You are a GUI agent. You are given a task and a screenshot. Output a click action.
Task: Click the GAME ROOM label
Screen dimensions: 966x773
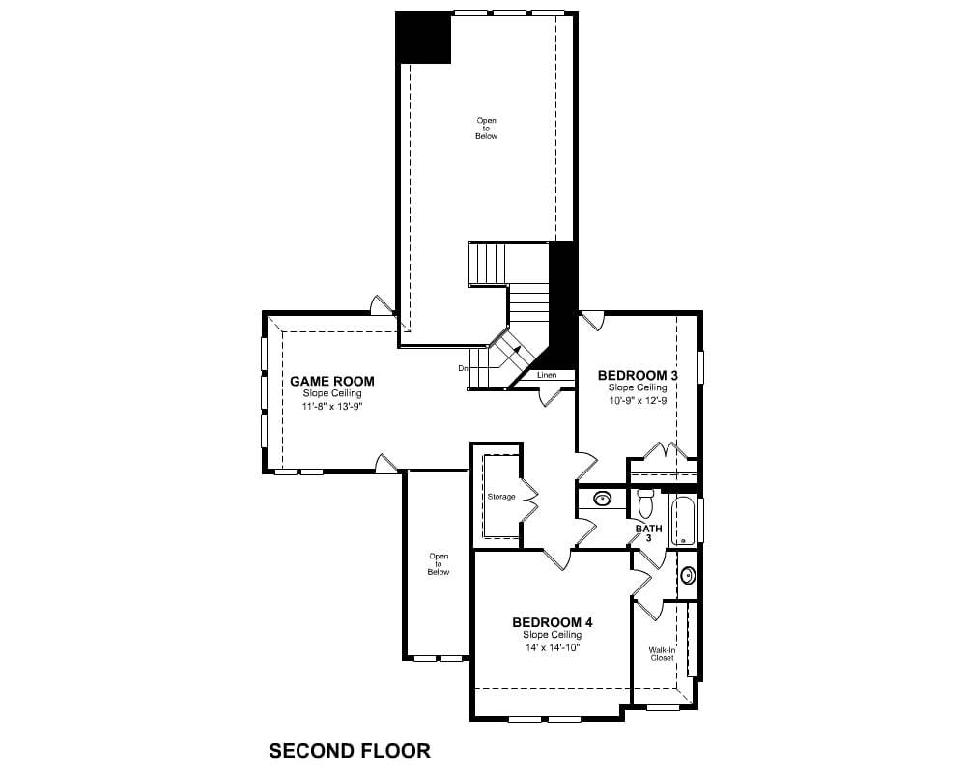click(332, 381)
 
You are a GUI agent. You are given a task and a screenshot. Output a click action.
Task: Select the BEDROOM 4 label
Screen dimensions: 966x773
click(552, 622)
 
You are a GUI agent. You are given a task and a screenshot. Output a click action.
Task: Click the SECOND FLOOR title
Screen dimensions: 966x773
click(350, 751)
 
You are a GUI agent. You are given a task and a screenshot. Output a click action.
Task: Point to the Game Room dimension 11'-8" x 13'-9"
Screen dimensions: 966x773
click(332, 406)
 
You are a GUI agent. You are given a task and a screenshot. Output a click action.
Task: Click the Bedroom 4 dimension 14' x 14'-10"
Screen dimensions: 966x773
click(553, 647)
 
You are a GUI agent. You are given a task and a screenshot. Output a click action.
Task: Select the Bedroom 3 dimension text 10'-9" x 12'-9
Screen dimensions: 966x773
click(638, 400)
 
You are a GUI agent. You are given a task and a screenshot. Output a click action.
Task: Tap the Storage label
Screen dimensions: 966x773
click(500, 497)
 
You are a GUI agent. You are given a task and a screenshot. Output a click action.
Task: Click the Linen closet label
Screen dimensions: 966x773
click(547, 375)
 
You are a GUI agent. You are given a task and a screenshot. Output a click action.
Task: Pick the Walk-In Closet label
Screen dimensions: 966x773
click(662, 654)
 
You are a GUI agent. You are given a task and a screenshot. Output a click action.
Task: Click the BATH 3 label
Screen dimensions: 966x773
click(649, 532)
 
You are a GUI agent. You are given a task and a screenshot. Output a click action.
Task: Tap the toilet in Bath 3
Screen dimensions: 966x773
click(645, 503)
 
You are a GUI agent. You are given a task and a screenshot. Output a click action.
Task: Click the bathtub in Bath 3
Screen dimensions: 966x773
click(683, 520)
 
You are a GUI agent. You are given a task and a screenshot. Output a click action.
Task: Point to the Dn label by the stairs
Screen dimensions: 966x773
click(464, 368)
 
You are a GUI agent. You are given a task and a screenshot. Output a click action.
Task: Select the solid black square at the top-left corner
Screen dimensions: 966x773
click(423, 37)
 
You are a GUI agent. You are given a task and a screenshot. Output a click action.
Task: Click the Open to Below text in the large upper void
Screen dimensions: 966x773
click(486, 129)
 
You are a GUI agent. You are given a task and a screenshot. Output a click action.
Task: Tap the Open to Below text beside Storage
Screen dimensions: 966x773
click(438, 564)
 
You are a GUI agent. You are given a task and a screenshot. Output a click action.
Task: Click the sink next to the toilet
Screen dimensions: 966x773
click(602, 498)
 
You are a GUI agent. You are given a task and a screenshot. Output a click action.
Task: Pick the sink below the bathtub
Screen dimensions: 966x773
click(688, 575)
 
